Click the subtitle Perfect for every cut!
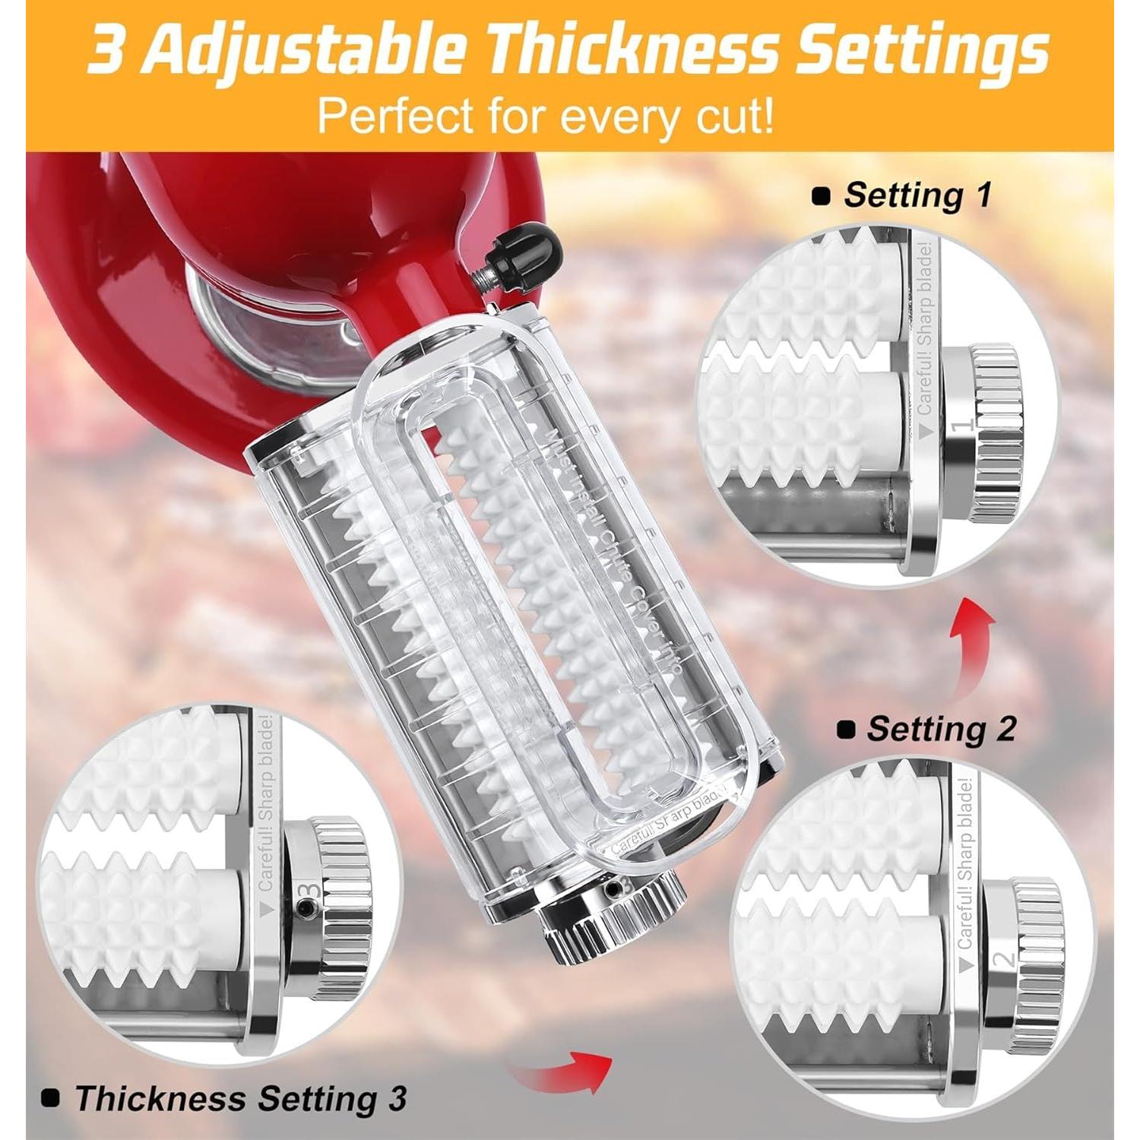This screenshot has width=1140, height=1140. (x=546, y=116)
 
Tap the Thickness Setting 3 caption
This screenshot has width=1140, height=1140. (x=240, y=1098)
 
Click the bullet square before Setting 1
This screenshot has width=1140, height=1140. (x=821, y=196)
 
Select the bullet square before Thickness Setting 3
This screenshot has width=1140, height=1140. (x=50, y=1098)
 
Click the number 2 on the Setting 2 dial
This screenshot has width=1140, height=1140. (x=1005, y=959)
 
